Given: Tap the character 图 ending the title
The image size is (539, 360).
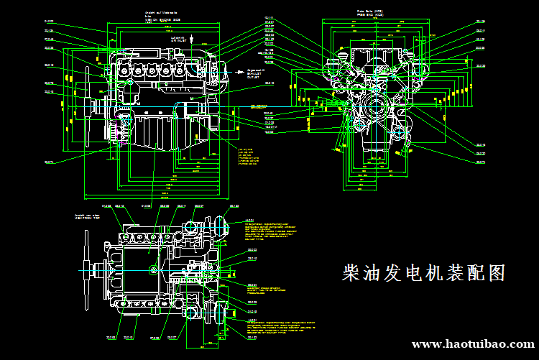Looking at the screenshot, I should click(496, 273).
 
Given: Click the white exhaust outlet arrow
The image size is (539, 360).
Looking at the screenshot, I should click(241, 72).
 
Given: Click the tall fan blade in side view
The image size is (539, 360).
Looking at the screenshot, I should click(87, 108).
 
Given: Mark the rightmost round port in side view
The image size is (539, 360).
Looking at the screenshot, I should click(193, 71).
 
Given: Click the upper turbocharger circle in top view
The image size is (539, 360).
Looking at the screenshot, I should click(190, 229).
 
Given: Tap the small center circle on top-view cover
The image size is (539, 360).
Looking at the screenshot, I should click(153, 269).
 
